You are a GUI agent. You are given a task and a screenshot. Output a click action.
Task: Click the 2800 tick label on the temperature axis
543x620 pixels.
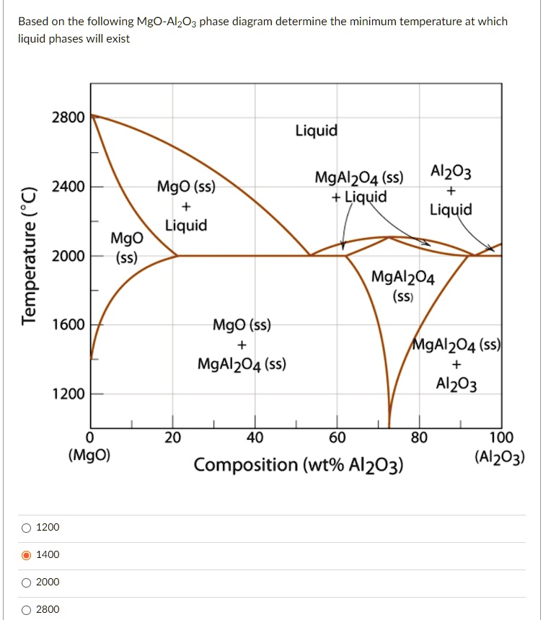pos(68,117)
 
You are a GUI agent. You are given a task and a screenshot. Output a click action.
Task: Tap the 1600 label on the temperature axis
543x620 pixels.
pos(68,325)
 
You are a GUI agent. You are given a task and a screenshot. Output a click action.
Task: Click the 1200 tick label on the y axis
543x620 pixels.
pos(68,394)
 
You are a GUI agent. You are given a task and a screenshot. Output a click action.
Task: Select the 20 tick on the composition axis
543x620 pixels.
pos(172,438)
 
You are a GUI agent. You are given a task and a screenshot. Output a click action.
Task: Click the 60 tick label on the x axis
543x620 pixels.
pos(337,438)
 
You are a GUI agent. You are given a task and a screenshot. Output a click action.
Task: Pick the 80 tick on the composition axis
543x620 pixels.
pos(419,438)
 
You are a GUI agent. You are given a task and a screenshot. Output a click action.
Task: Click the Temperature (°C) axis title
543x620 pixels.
pos(28,255)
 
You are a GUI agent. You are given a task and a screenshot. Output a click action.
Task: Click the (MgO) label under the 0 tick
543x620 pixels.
pos(89,456)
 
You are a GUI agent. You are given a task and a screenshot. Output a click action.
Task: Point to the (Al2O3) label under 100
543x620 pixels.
pos(500,456)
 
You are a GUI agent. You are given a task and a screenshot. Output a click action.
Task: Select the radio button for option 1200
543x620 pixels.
pos(27,528)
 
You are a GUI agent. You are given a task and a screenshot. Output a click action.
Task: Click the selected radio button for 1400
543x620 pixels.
pos(27,555)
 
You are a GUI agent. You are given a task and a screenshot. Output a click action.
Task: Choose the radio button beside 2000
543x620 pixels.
pos(27,583)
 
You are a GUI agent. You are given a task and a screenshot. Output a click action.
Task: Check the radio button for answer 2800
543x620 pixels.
pos(27,610)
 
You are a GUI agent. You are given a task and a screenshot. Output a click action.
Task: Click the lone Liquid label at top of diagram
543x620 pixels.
pos(316,130)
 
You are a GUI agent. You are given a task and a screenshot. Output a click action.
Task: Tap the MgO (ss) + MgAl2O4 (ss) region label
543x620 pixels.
pos(242,345)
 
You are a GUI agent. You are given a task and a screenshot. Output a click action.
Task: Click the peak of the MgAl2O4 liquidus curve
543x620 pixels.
pos(389,236)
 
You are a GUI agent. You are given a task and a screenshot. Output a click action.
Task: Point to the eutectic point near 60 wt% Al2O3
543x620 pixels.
pos(311,255)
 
